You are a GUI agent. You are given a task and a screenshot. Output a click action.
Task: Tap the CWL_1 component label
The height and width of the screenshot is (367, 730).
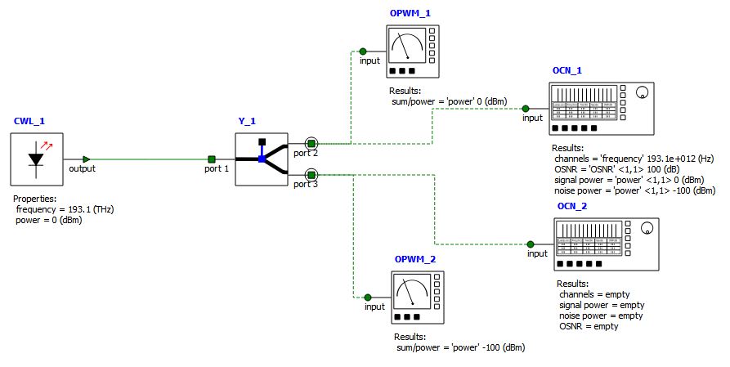[x=29, y=121]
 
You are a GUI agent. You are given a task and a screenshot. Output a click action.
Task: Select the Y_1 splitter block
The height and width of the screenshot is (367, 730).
[x=260, y=159]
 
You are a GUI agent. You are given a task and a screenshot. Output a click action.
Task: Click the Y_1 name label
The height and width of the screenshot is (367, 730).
[x=247, y=121]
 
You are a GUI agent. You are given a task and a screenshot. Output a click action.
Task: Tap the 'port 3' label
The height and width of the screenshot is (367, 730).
[x=306, y=184]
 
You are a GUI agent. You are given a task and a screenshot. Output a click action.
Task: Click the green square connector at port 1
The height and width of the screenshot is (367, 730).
[x=212, y=159]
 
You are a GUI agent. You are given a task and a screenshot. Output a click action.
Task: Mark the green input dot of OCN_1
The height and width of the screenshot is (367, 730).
[x=525, y=109]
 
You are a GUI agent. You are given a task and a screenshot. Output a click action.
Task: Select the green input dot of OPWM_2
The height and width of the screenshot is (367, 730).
[x=368, y=298]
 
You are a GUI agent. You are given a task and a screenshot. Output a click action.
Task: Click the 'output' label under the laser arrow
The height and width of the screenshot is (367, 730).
[x=82, y=169]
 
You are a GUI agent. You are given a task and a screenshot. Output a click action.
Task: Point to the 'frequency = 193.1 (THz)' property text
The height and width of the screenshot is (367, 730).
[x=65, y=209]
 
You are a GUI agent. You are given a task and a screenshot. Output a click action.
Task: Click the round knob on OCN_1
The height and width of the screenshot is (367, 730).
[x=642, y=92]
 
